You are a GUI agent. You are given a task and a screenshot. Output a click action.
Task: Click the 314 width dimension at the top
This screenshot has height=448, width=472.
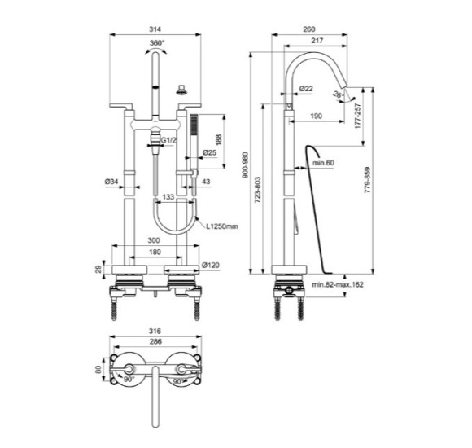(155, 28)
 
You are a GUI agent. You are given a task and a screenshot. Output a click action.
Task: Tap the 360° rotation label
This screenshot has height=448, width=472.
(156, 43)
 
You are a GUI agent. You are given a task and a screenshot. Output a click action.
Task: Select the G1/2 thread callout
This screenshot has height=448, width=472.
(168, 141)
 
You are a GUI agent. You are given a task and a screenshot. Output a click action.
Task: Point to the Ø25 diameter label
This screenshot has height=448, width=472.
(209, 152)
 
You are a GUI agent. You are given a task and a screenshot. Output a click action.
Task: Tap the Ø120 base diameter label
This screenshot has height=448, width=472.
(212, 265)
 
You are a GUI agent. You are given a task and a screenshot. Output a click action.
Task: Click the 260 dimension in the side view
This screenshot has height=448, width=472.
(308, 29)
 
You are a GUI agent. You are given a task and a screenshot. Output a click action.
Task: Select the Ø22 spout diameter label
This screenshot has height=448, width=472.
(307, 88)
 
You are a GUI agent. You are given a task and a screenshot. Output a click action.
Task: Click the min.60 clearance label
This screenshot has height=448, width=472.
(324, 164)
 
